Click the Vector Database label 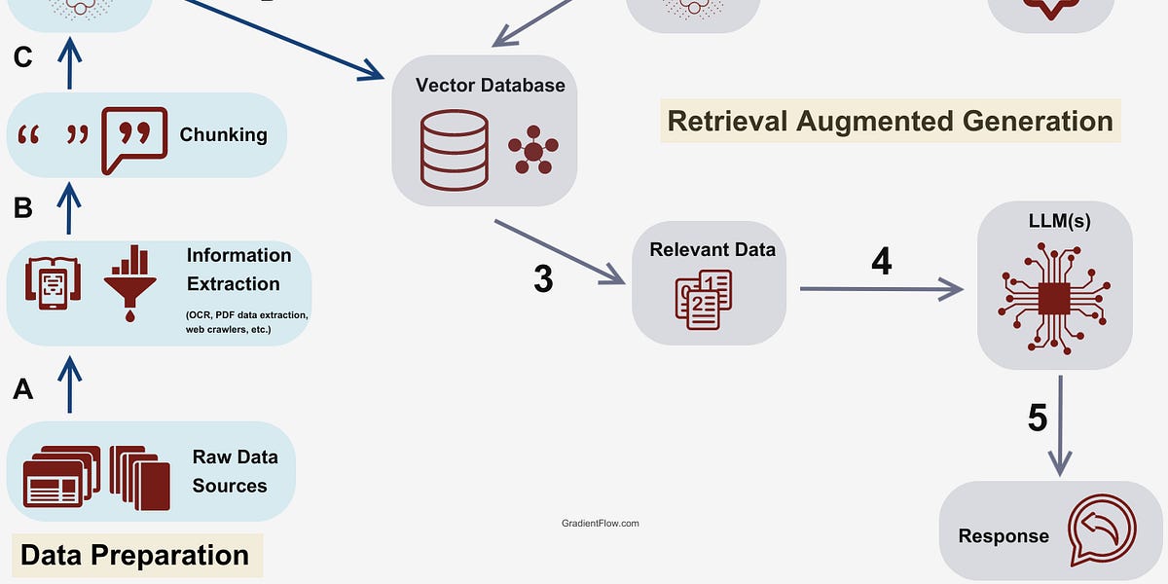[490, 85]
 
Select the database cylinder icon [454, 150]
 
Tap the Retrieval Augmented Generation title [890, 121]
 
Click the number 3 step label [543, 278]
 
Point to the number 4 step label [881, 261]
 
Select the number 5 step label [1038, 418]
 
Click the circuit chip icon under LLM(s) [1054, 295]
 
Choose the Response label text [1004, 535]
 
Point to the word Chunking [223, 134]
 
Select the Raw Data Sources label [234, 471]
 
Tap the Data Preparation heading [134, 555]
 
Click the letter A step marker [23, 390]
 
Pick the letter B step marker [23, 207]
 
